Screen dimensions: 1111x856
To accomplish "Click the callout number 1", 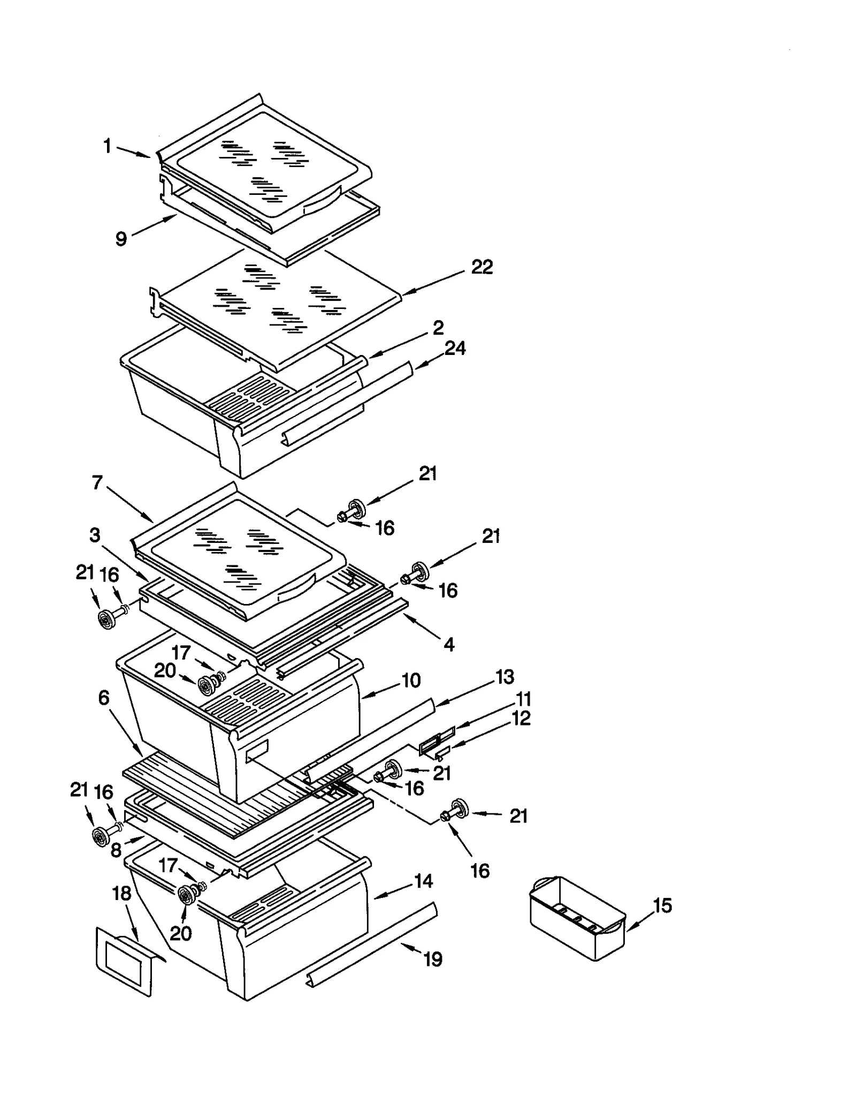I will click(x=108, y=146).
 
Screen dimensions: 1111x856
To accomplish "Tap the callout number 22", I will click(x=481, y=267).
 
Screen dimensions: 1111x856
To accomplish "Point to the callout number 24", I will click(x=455, y=349).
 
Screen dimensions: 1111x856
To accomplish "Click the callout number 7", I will click(x=97, y=483).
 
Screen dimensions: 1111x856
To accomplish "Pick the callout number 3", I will click(x=95, y=534).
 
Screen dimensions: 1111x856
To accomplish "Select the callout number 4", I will click(x=449, y=644).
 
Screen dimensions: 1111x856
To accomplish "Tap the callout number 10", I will click(x=411, y=681).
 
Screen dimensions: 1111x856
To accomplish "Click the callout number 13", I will click(x=505, y=677).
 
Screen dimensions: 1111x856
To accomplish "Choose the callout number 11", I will click(x=523, y=699).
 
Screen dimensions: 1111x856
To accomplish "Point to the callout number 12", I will click(x=521, y=718).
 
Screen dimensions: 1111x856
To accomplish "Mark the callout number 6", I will click(x=104, y=698).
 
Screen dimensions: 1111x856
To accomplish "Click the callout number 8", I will click(x=116, y=850).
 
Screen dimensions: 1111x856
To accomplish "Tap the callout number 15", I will click(x=662, y=905).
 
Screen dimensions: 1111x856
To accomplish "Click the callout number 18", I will click(x=122, y=893).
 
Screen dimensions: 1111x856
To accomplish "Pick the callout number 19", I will click(x=433, y=959).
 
